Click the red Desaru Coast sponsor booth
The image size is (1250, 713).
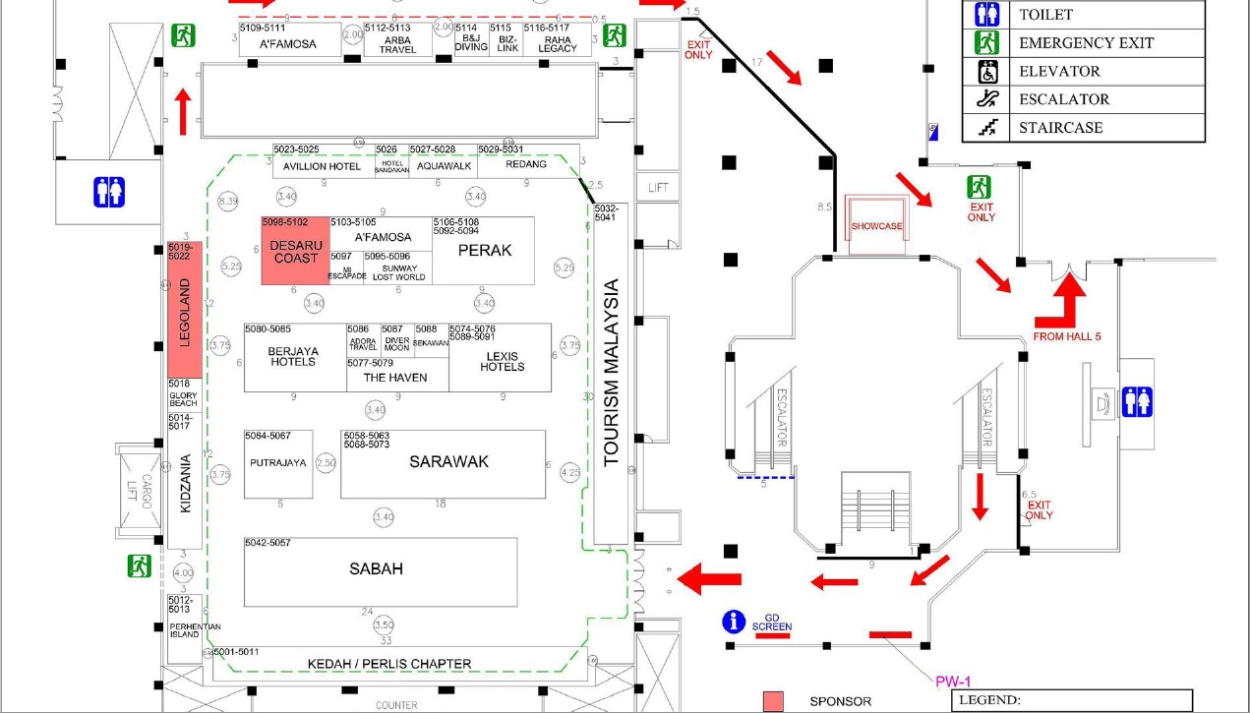[x=295, y=252]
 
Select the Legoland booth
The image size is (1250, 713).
[x=185, y=311]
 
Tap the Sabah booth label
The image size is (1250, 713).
[x=376, y=568]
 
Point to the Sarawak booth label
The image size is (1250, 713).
[x=448, y=461]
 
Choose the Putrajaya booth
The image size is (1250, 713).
[x=278, y=462]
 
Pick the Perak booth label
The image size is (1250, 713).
[x=485, y=251]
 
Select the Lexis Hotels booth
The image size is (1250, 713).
[x=502, y=361]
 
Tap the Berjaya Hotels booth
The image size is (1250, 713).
[x=293, y=356]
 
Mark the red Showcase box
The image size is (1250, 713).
[x=876, y=226]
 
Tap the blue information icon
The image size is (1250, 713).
[x=733, y=622]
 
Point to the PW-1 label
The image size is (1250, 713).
[x=951, y=680]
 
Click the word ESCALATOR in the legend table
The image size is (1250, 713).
[x=1064, y=99]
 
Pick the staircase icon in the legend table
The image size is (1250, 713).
[x=986, y=127]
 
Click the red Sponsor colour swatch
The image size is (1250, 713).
[x=775, y=700]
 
